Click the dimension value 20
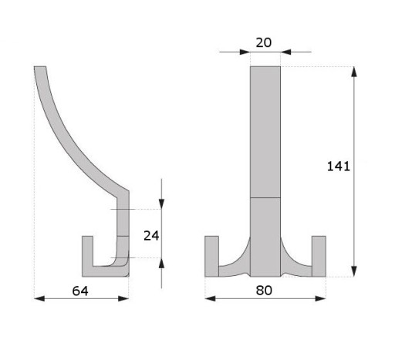pyautogui.click(x=264, y=42)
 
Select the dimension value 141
pyautogui.click(x=339, y=167)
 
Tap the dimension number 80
pyautogui.click(x=264, y=291)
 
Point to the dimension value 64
pyautogui.click(x=80, y=291)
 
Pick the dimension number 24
pyautogui.click(x=151, y=236)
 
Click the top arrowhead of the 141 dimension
pyautogui.click(x=354, y=72)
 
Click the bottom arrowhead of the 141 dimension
pyautogui.click(x=354, y=271)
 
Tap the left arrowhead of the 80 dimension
pyautogui.click(x=210, y=298)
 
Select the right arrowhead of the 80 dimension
pyautogui.click(x=321, y=298)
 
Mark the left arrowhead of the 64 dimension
pyautogui.click(x=39, y=298)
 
